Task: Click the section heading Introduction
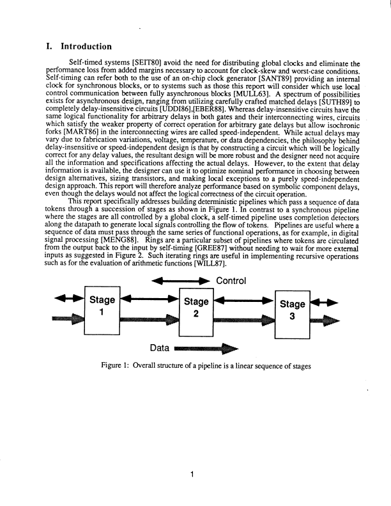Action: coord(86,46)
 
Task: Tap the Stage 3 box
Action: coord(292,315)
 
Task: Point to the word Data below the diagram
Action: coord(159,349)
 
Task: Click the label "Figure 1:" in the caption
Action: coord(114,367)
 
